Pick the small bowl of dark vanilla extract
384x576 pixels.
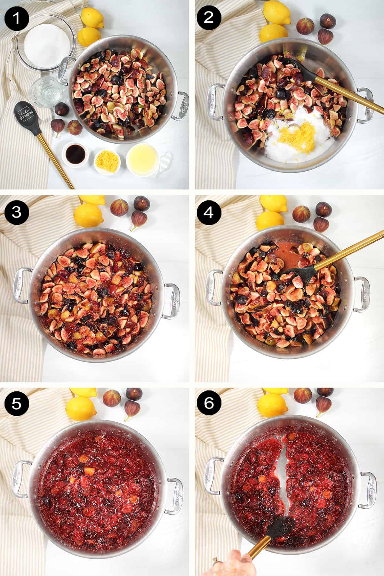[x=74, y=153]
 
